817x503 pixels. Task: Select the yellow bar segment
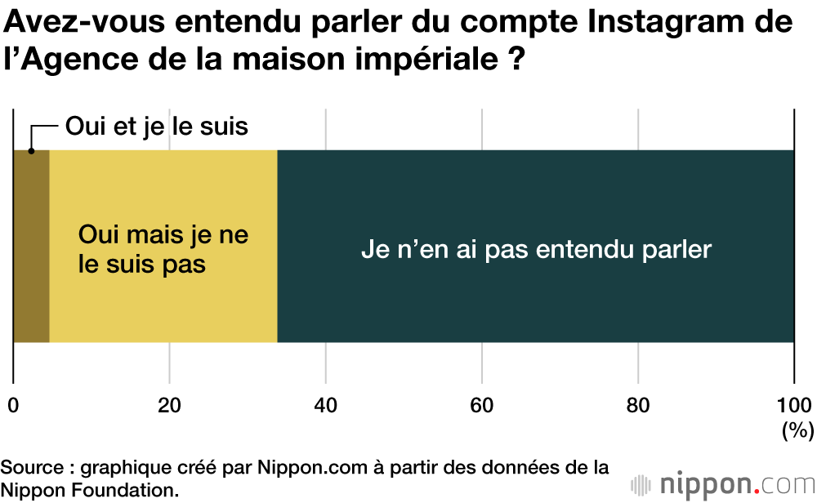[163, 302]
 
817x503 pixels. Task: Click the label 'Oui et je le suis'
[156, 127]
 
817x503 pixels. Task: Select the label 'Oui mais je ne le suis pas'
[163, 250]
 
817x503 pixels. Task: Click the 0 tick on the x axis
[13, 404]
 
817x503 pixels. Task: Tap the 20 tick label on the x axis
[169, 404]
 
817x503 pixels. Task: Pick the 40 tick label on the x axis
[326, 404]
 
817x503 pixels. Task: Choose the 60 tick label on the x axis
[482, 404]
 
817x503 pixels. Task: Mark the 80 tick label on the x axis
[638, 404]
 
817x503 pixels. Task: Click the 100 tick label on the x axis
[793, 404]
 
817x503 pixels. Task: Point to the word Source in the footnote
[33, 469]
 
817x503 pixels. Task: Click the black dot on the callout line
[31, 151]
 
